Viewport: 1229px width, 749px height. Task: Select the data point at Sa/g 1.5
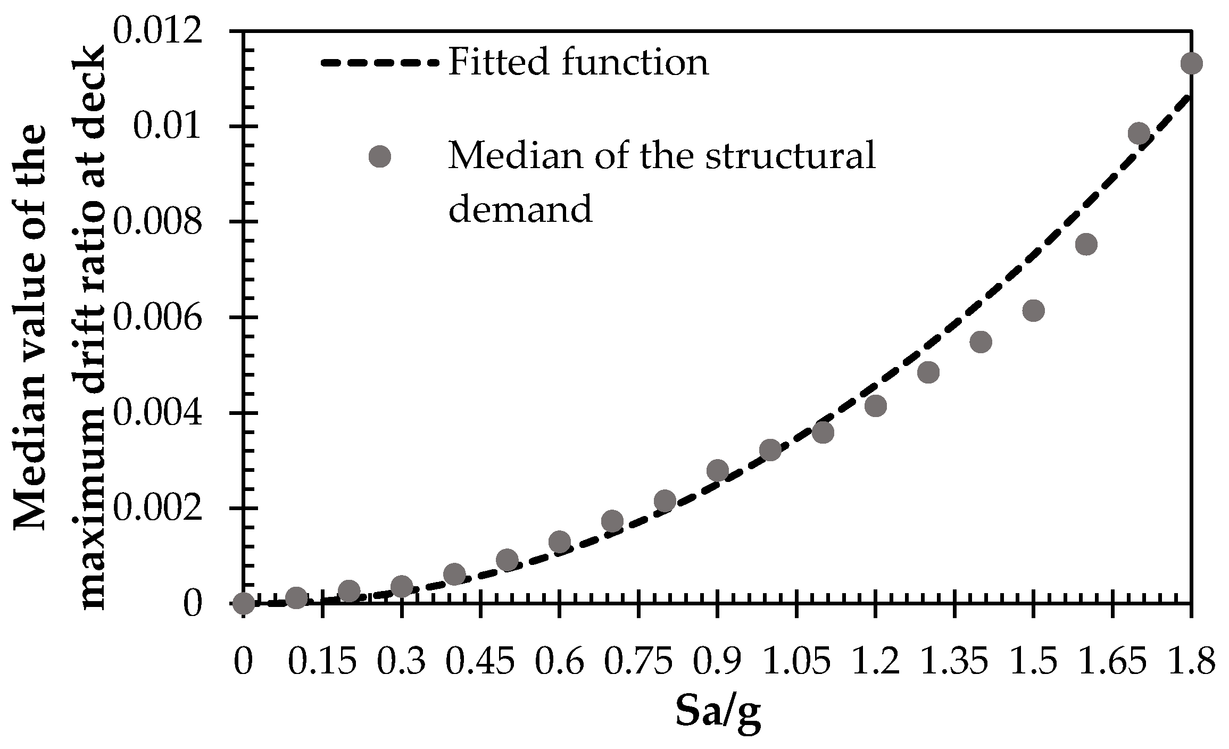point(1033,310)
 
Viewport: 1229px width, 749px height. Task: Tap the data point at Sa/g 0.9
point(717,470)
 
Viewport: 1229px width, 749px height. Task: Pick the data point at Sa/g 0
point(243,603)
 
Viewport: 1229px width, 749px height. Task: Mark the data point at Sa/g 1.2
point(875,406)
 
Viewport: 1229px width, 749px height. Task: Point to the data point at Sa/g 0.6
point(559,542)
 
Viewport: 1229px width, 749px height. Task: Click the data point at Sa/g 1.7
point(1138,133)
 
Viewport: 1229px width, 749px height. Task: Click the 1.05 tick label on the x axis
point(796,662)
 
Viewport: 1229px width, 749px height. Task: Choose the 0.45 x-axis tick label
point(480,662)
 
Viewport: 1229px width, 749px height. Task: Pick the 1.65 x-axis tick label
point(1111,662)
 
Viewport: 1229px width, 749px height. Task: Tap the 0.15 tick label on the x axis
point(322,662)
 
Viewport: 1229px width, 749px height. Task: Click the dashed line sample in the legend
point(380,63)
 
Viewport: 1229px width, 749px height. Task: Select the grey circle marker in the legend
point(380,157)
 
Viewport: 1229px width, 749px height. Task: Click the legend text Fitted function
point(578,63)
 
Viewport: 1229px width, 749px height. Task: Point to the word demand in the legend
point(520,209)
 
